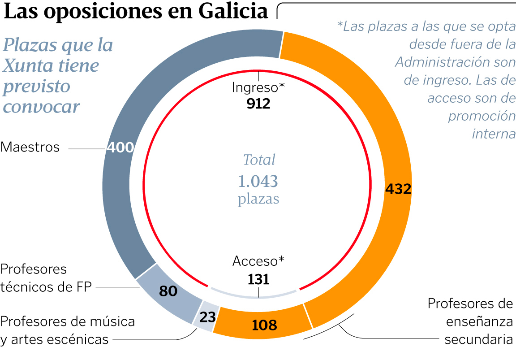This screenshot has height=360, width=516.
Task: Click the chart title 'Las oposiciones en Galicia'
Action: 136,12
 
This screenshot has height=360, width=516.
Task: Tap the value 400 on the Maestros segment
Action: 120,147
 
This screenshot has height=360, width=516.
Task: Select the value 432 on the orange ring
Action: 398,189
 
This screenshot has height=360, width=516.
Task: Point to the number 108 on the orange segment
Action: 264,325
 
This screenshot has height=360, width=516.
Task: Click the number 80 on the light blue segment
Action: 168,291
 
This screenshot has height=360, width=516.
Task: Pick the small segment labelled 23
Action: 207,318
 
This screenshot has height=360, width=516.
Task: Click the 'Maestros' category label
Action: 30,147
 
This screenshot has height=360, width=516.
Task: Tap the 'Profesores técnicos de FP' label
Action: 46,278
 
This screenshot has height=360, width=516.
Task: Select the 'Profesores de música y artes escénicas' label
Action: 67,330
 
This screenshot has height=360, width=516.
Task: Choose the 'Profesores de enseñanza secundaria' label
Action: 470,321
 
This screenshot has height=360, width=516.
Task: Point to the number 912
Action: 258,104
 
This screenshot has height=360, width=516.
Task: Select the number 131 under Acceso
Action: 258,279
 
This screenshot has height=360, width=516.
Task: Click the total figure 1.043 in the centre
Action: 258,181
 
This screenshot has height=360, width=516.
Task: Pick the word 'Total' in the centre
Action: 259,160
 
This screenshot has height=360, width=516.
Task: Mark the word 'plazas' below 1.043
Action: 258,199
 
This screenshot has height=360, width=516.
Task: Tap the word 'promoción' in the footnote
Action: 482,116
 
